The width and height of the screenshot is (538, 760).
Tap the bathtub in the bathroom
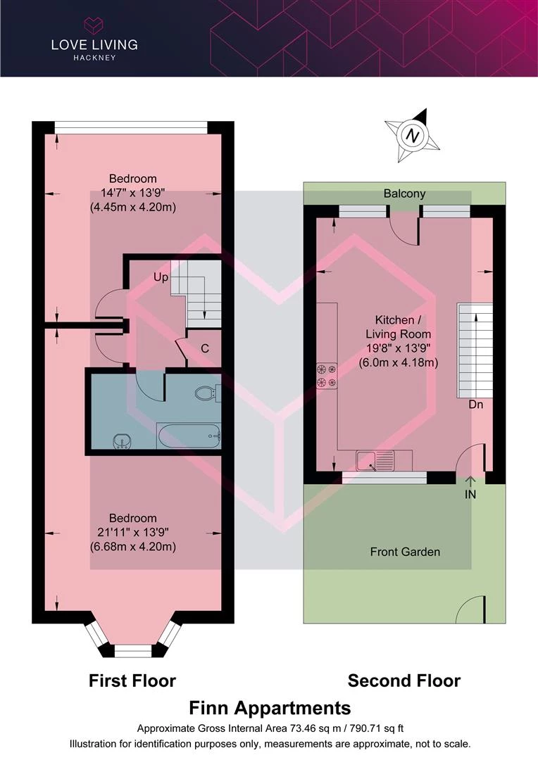(x=189, y=436)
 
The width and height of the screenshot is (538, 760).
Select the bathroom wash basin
(x=121, y=441)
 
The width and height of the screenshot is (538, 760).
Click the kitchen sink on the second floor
(x=375, y=460)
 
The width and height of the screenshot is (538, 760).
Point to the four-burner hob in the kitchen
(x=327, y=376)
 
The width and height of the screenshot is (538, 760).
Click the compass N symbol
(x=413, y=135)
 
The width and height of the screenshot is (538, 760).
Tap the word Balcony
(x=405, y=194)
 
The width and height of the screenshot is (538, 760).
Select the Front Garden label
(x=405, y=552)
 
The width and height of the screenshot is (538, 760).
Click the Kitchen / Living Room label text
(x=399, y=327)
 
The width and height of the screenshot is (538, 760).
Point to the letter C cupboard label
(x=205, y=348)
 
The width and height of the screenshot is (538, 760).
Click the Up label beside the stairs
(x=161, y=277)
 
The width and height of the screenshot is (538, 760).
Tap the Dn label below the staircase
(x=475, y=404)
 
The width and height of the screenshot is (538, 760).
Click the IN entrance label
(x=470, y=495)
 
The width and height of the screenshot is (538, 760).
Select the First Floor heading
(x=132, y=680)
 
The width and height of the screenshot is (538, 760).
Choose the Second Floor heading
(x=404, y=680)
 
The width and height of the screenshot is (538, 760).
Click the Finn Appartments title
(x=270, y=708)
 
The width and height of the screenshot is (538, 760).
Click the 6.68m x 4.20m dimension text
(x=133, y=547)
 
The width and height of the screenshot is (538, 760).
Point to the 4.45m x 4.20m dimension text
(x=133, y=207)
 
